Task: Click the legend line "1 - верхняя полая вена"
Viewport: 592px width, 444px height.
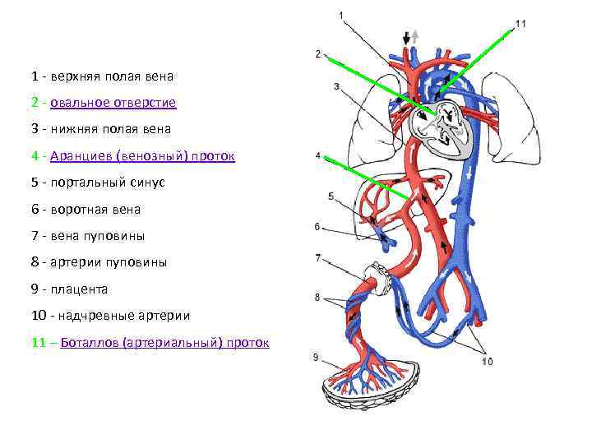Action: tap(103, 76)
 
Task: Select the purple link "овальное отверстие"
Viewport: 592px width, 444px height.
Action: tap(113, 103)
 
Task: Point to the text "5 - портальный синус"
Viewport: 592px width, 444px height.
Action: tap(98, 182)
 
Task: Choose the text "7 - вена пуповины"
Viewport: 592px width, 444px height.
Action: tap(88, 236)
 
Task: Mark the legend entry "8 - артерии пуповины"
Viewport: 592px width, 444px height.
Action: tap(99, 262)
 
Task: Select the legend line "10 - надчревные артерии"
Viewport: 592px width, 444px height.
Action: tap(111, 316)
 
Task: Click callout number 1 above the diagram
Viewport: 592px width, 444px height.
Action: tap(341, 15)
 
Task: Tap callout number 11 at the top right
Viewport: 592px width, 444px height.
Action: tap(520, 24)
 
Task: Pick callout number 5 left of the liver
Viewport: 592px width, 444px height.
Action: tap(331, 197)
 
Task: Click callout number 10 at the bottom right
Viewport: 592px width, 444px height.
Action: tap(488, 361)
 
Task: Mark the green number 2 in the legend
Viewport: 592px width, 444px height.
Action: tap(35, 103)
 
